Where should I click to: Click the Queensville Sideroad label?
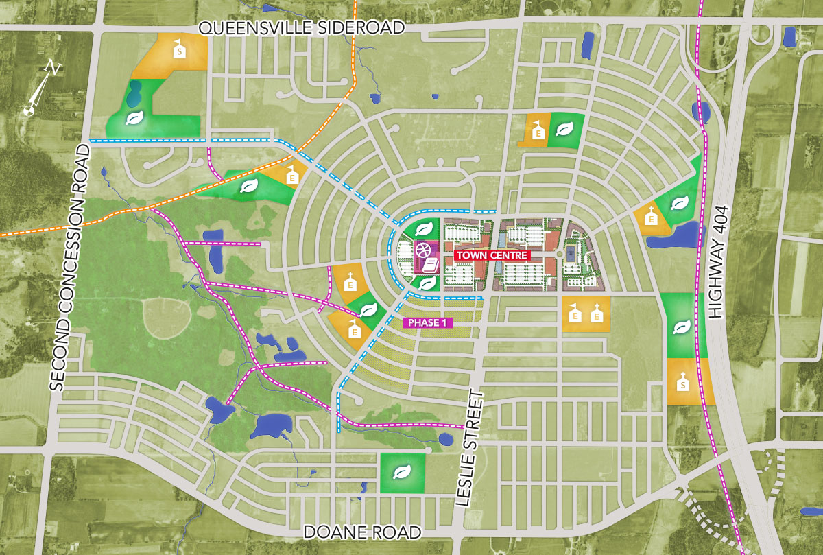tap(301, 27)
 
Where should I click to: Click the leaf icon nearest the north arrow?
tap(134, 118)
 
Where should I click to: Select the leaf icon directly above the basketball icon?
tap(425, 228)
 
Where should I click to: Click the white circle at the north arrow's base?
tap(29, 110)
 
